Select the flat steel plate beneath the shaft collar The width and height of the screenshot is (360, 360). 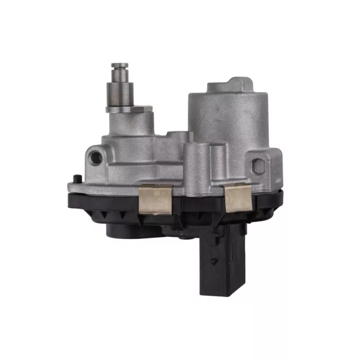pos(130,108)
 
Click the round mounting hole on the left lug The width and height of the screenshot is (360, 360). pos(95,156)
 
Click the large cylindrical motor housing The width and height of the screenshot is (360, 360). pos(227,117)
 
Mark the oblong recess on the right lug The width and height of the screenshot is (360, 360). pos(259,166)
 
